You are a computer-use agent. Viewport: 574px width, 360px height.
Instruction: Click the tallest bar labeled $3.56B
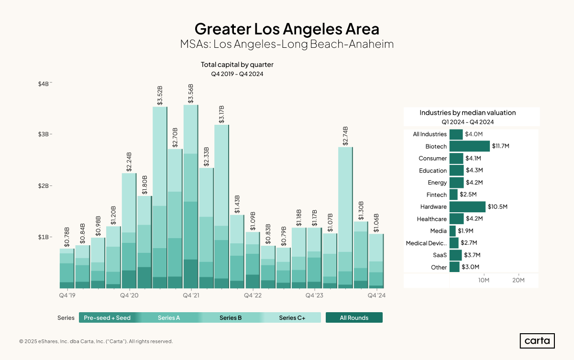tap(191, 196)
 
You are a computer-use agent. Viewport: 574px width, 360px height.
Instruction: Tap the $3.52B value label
tap(160, 95)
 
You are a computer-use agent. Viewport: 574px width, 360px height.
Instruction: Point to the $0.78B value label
tap(67, 237)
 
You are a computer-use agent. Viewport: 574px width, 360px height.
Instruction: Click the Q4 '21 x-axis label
tap(191, 296)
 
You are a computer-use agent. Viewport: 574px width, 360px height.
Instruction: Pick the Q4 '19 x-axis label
tap(67, 296)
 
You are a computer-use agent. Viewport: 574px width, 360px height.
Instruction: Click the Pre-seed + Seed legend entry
tap(107, 318)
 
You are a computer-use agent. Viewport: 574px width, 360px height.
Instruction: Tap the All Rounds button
tap(354, 318)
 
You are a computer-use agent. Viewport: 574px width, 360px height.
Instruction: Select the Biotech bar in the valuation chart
tap(469, 146)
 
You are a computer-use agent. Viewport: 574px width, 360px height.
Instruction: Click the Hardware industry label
tap(433, 207)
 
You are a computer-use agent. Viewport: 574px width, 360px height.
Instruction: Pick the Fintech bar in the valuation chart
tap(453, 195)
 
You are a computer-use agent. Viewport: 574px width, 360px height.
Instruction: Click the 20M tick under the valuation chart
tap(519, 280)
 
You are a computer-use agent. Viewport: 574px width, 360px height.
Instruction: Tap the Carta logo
tap(537, 341)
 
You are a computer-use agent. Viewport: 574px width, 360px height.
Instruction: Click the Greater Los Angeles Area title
tap(287, 29)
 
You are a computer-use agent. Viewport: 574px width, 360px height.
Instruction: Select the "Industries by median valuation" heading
tap(468, 113)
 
